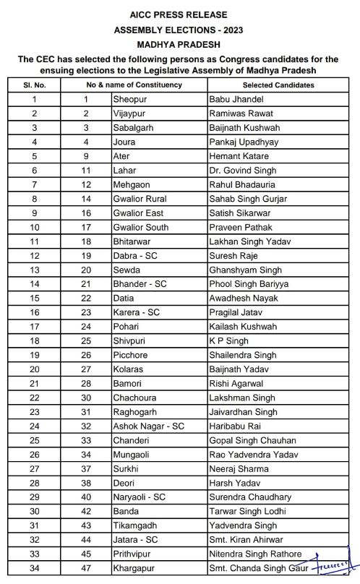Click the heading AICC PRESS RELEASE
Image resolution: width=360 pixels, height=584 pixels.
click(179, 14)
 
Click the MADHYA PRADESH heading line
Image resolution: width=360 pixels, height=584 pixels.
click(179, 44)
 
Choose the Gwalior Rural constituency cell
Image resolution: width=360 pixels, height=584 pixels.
click(140, 199)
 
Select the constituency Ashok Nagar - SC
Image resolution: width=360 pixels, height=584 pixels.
click(148, 426)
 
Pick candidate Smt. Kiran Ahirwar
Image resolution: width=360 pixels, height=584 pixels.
click(243, 539)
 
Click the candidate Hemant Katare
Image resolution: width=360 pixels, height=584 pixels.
click(238, 156)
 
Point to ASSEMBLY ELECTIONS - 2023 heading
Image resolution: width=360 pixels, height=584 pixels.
click(179, 30)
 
